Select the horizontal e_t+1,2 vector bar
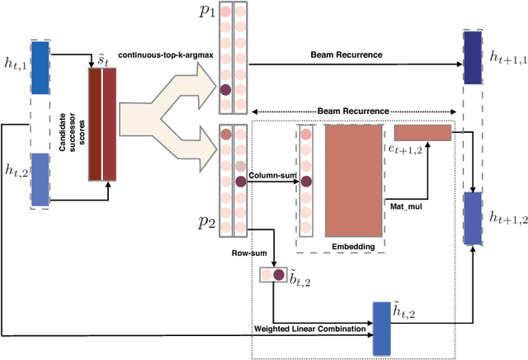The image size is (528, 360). pos(422,132)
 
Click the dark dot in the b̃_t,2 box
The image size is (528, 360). pos(278,274)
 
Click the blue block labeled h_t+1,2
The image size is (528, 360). pos(473,218)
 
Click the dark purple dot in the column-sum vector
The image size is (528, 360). pos(305,181)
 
